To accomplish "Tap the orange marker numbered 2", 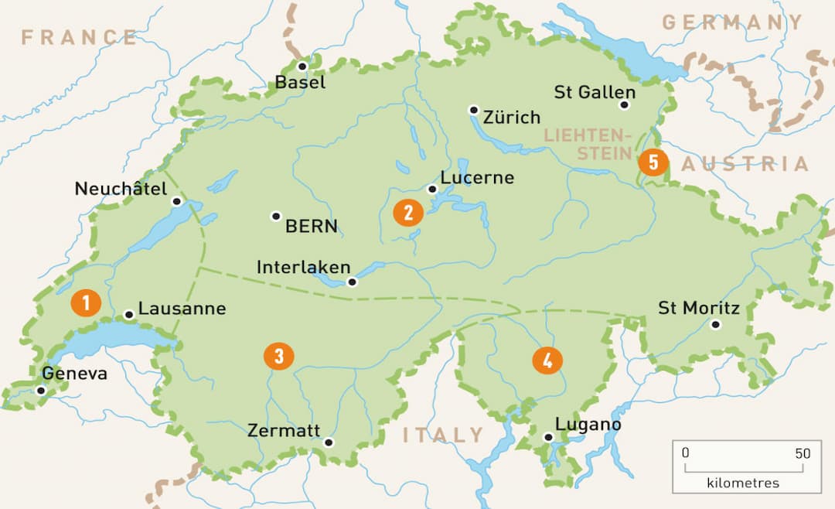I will pos(408,212).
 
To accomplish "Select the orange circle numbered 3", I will pos(278,356).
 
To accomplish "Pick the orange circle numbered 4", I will pos(547,360).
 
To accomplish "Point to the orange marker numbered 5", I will pos(653,162).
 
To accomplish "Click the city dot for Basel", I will pos(302,67).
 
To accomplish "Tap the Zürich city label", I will pos(511,118).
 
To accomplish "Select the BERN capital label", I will pos(312,227).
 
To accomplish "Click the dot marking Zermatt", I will pos(329,442).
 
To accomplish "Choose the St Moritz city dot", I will pos(716,325).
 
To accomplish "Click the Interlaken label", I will pos(303,267).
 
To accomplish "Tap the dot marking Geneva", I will pos(41,391).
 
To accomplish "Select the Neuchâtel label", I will pos(121,188).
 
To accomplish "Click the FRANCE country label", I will pos(79,36).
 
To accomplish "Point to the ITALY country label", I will pos(443,435).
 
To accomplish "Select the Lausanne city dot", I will pos(129,315).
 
